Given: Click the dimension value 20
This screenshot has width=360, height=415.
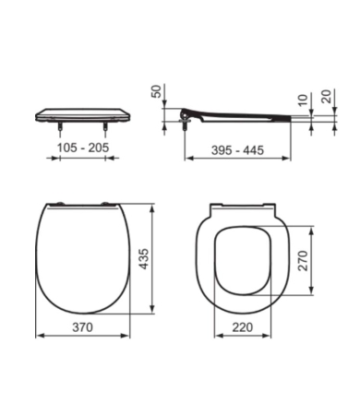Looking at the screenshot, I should tap(326, 95).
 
